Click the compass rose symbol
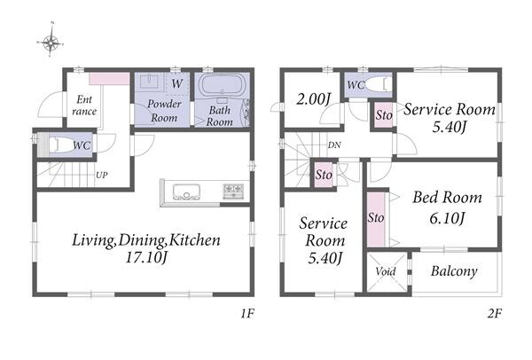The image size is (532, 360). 51,43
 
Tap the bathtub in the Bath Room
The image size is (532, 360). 220,85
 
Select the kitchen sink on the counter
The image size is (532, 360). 186,192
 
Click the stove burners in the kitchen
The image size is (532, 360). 233,191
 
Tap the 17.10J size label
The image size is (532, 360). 146,258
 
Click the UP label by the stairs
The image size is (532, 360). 101,175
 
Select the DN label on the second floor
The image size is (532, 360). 334,145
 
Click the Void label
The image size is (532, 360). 386,271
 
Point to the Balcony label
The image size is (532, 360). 454,271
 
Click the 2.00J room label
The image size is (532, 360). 313,99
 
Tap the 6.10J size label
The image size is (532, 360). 447,218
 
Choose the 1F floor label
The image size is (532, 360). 247,314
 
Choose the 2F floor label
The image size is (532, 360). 495,314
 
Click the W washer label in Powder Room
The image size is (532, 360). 177,83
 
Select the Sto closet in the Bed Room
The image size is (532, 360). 376,219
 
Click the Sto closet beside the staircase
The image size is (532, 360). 324,175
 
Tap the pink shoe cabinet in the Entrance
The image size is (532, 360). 109,79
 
